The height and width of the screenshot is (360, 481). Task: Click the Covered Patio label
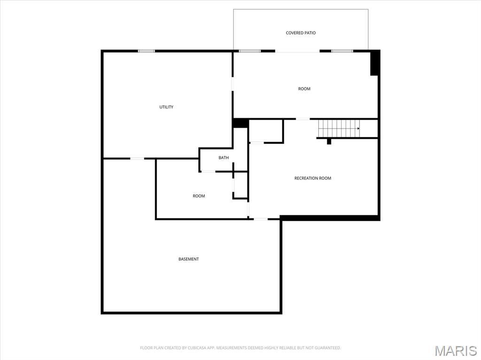[x=301, y=33]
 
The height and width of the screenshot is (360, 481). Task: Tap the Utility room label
[x=166, y=107]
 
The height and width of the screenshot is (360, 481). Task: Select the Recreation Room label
[x=313, y=178]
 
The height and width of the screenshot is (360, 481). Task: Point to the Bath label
[x=224, y=158]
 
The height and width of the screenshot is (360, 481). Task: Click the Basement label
[x=188, y=259]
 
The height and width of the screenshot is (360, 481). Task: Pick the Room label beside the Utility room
[x=304, y=89]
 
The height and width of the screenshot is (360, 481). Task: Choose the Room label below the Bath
[x=199, y=196]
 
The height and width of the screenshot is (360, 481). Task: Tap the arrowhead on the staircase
[x=358, y=128]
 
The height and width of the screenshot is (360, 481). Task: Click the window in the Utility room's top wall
[x=146, y=51]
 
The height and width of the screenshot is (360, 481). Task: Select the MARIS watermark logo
[x=456, y=351]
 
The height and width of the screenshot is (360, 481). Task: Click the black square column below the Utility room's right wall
[x=240, y=123]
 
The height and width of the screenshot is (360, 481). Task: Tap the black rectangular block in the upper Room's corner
[x=374, y=63]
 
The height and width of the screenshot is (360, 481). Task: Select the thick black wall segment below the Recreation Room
[x=330, y=218]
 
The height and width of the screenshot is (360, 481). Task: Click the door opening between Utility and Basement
[x=137, y=159]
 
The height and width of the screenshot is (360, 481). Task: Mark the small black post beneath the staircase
[x=329, y=141]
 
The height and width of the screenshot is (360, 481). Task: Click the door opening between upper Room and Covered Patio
[x=297, y=51]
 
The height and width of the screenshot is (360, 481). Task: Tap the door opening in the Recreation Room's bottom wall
[x=261, y=219]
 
